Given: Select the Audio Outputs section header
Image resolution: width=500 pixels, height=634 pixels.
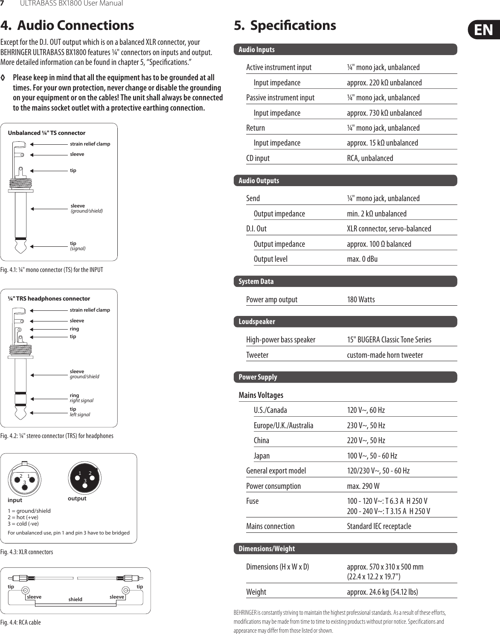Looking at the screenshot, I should click(x=259, y=181).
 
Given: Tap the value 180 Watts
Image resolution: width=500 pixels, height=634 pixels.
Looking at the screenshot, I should click(x=360, y=299).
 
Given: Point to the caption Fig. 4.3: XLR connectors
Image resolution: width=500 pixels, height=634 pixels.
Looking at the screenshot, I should click(x=26, y=552).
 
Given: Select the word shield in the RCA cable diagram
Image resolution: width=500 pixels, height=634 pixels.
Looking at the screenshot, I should click(x=75, y=599).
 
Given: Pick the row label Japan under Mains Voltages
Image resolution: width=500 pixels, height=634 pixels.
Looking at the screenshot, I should click(x=262, y=456).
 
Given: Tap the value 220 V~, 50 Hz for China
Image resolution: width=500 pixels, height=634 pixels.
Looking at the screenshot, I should click(x=366, y=440).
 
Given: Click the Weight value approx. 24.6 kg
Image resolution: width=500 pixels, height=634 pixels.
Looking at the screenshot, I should click(x=382, y=592).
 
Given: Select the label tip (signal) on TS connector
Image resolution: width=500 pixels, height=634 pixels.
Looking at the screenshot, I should click(x=78, y=245).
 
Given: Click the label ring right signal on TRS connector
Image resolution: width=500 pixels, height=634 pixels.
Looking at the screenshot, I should click(x=81, y=398).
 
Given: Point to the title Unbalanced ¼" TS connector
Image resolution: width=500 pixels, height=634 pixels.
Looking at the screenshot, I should click(x=47, y=133).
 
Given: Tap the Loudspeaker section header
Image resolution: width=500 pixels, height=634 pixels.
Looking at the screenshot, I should click(x=256, y=321).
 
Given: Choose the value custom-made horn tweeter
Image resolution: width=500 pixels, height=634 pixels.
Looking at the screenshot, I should click(x=385, y=355).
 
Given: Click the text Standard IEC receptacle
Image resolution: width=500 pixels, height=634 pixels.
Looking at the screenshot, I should click(x=379, y=526).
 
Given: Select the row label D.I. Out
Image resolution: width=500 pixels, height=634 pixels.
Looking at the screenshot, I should click(x=256, y=228).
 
